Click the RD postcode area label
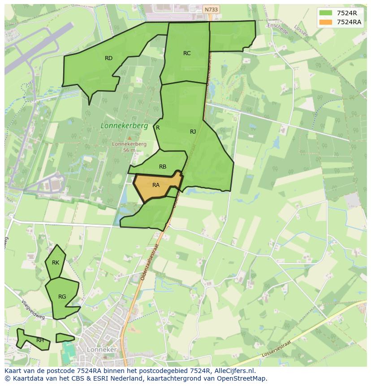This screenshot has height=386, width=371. (108, 58)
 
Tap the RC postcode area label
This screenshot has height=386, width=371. (187, 53)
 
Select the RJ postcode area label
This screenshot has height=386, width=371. (193, 131)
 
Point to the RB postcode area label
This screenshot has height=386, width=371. (163, 167)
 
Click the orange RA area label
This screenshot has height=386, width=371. (156, 185)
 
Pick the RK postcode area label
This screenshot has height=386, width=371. (56, 263)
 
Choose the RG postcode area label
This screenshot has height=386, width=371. (62, 296)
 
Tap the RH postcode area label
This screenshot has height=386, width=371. (40, 340)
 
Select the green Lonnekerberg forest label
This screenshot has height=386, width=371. (124, 126)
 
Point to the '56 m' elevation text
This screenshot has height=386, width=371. (129, 150)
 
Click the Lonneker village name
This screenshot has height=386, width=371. (102, 350)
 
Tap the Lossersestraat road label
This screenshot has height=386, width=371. (276, 350)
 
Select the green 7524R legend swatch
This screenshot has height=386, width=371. (326, 13)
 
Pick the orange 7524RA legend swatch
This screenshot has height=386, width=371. (326, 22)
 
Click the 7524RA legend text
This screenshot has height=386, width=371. (349, 22)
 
